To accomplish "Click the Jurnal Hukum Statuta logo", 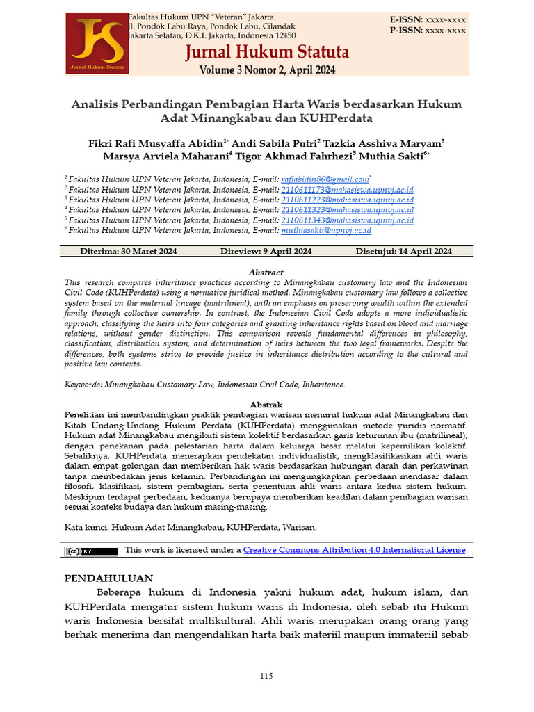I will point(96,44).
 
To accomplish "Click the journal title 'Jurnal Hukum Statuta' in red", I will point(266,53).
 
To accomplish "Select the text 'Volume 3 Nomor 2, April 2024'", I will point(267,70).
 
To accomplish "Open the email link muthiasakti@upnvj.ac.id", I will point(325,230).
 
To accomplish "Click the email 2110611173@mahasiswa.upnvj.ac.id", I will point(347,189).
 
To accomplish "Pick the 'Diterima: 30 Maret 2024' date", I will point(129,252).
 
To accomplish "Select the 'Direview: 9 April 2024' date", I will point(266,252).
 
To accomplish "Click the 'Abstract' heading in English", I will point(266,273).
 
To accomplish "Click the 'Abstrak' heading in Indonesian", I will point(266,405).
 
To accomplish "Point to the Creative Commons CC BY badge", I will point(91,551).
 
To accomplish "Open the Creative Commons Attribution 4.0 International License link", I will point(354,550).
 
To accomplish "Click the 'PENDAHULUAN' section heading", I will point(108,578).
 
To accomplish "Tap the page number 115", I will point(266,677).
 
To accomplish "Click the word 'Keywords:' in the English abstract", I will point(83,384).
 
